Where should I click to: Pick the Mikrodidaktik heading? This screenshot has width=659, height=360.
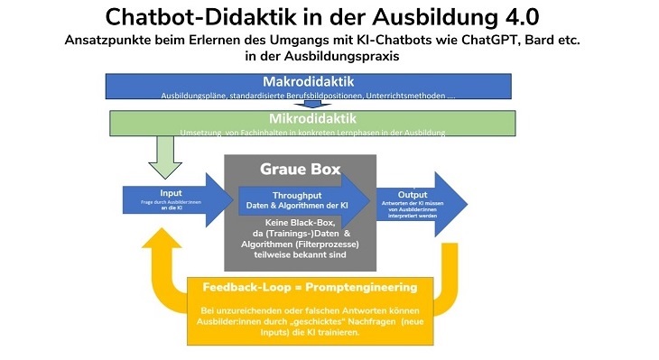click(312, 118)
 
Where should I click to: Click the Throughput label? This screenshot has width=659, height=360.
click(299, 195)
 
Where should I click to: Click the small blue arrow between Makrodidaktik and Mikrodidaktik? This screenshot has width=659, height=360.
click(312, 102)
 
